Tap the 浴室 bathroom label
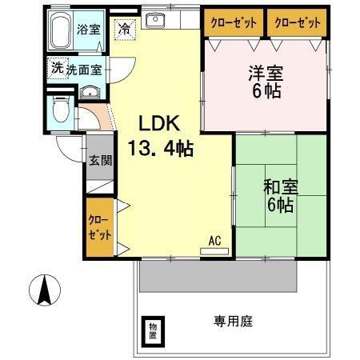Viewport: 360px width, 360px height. pos(89,30)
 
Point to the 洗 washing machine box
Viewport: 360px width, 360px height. pos(57,68)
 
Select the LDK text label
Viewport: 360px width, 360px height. pos(160,124)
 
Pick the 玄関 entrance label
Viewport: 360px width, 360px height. pos(100,160)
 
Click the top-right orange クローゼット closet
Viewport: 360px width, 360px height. pos(297,23)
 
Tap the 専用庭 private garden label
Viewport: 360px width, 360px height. pos(232,321)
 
